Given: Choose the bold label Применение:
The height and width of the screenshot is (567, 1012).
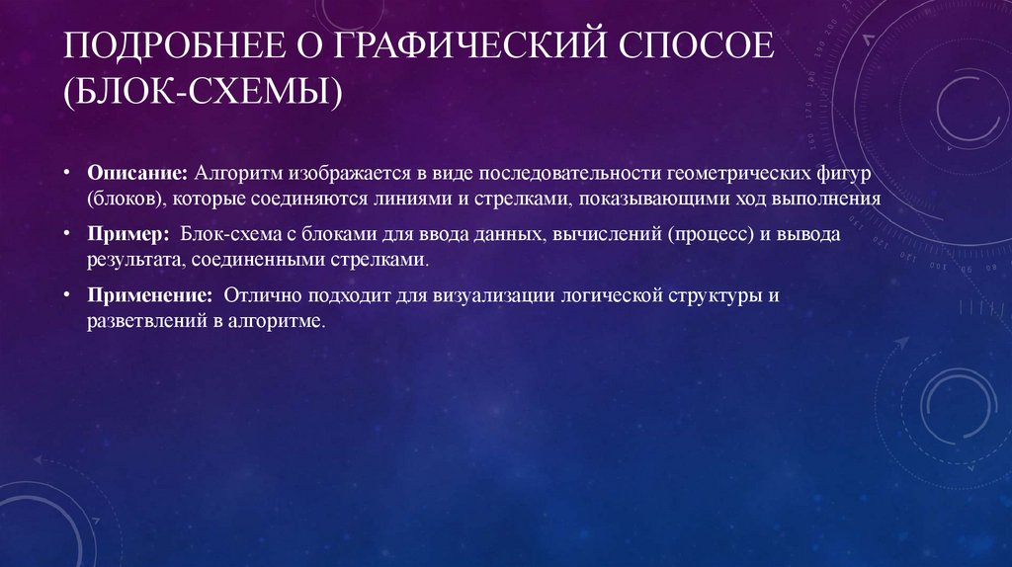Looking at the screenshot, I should click(149, 296).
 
